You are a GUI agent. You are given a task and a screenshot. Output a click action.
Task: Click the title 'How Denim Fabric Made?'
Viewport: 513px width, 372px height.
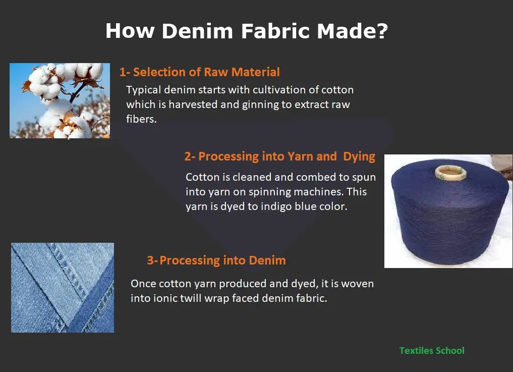[x=246, y=31]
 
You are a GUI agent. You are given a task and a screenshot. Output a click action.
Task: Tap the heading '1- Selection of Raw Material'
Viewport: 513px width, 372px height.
[x=199, y=72]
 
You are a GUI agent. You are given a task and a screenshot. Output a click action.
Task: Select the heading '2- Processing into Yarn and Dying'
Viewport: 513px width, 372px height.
[x=279, y=156]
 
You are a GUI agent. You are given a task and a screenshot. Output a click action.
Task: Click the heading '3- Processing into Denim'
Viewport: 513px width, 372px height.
[x=216, y=260]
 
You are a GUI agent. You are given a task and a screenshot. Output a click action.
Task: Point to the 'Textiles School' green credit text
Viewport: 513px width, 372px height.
[x=432, y=350]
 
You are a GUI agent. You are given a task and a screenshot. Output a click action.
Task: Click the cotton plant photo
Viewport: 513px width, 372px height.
[x=60, y=100]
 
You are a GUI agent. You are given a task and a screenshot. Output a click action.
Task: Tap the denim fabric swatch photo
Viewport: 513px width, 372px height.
[x=63, y=288]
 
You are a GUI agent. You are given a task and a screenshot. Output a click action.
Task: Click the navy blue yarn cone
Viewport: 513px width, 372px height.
[x=448, y=217]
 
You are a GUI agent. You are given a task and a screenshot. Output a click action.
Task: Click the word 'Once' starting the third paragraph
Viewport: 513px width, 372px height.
[x=143, y=284]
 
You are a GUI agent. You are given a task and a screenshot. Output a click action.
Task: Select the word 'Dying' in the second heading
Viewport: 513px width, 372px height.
[x=359, y=156]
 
